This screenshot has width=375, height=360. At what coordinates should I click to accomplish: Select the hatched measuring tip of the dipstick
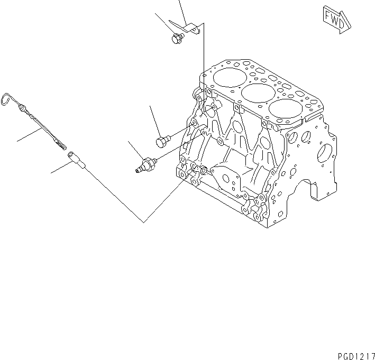[x=59, y=141]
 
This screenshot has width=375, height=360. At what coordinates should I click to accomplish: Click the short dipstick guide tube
[x=75, y=159]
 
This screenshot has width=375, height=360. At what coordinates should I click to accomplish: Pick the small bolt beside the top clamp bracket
[x=177, y=38]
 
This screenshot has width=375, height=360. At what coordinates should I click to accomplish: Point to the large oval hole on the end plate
[x=324, y=153]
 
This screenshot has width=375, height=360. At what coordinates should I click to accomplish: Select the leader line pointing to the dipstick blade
[x=32, y=134]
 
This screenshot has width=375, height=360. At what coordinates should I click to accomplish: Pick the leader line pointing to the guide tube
[x=61, y=167]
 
